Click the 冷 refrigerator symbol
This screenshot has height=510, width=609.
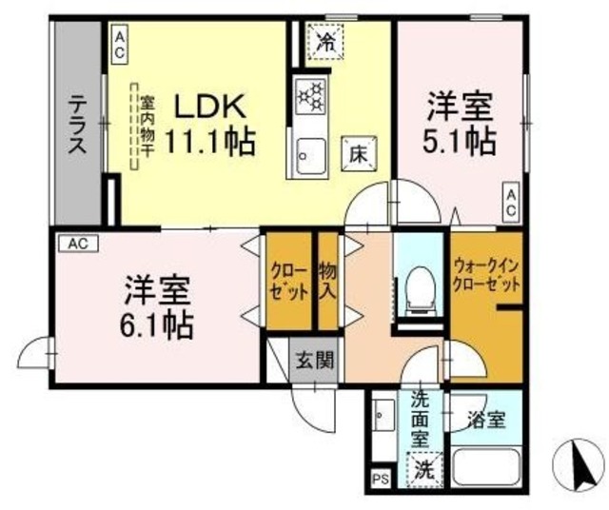(326, 42)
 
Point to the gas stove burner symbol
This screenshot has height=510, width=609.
(311, 96)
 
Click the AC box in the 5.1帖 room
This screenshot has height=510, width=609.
(511, 202)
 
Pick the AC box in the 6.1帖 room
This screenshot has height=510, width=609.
(77, 244)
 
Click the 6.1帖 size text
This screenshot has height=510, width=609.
(157, 324)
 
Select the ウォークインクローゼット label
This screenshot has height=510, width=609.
(486, 275)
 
